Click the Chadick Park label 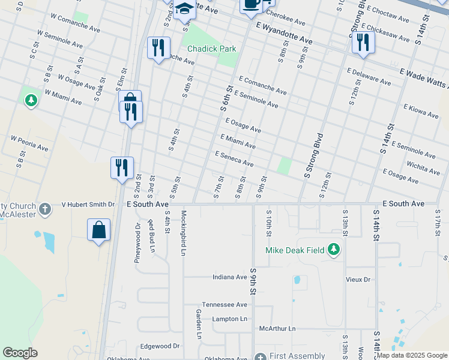[x=211, y=49]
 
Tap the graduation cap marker [x=184, y=10]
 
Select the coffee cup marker [x=250, y=4]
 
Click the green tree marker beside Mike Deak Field [x=334, y=250]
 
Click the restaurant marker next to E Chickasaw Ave [x=363, y=42]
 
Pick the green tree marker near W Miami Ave [x=31, y=100]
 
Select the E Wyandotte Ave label [x=284, y=32]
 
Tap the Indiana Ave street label [x=230, y=277]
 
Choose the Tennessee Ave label [x=224, y=305]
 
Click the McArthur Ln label [x=277, y=329]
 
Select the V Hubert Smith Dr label [x=88, y=205]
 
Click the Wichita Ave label [x=423, y=166]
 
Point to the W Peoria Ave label [x=29, y=143]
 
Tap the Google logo [x=20, y=353]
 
